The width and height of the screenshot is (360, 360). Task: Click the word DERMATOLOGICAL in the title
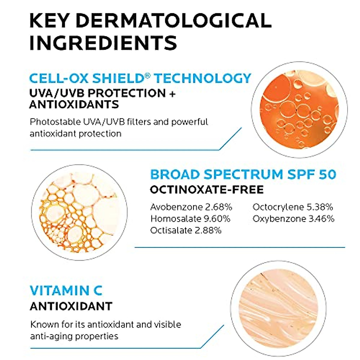click(x=175, y=20)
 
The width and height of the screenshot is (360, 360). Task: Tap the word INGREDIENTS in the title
click(x=103, y=42)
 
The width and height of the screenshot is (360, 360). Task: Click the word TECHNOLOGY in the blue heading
click(x=203, y=78)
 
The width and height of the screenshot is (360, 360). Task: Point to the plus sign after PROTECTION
click(x=172, y=93)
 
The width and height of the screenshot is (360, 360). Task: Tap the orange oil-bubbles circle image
click(x=299, y=109)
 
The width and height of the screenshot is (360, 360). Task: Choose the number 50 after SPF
click(x=327, y=174)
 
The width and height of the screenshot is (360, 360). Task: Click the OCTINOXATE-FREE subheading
click(x=207, y=190)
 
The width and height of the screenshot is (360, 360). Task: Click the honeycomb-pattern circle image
click(x=79, y=212)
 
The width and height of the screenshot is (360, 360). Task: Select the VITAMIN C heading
click(x=66, y=290)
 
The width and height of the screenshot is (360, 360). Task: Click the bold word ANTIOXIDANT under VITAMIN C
click(x=71, y=306)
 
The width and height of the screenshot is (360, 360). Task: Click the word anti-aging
click(x=51, y=336)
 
